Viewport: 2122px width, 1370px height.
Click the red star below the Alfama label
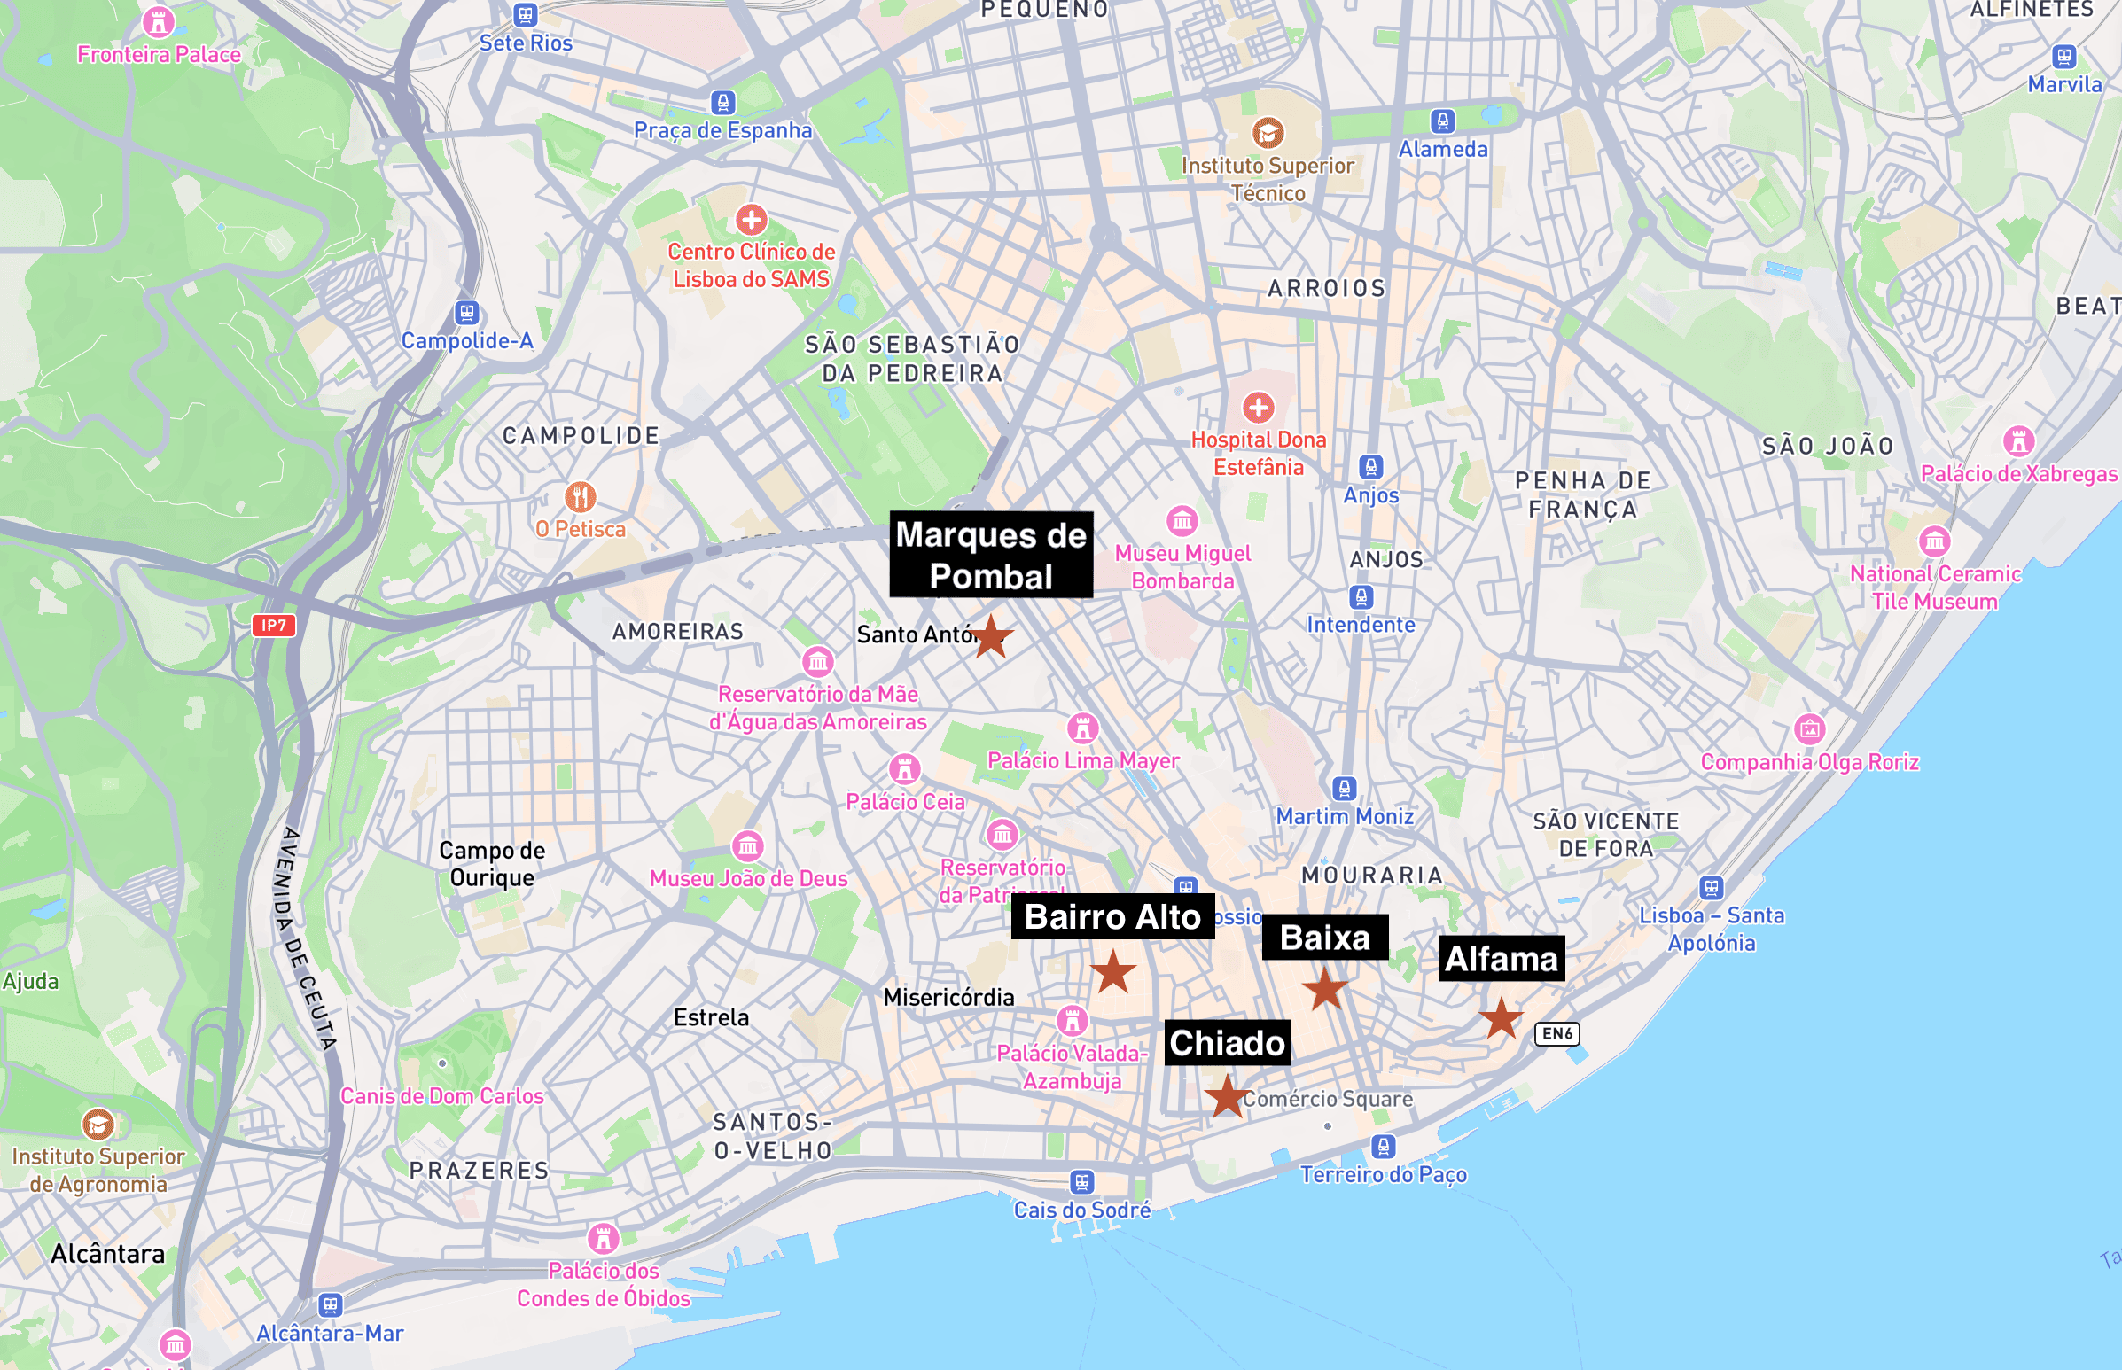pyautogui.click(x=1501, y=1018)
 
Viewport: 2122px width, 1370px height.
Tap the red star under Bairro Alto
pyautogui.click(x=1112, y=971)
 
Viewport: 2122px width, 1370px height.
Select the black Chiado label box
pyautogui.click(x=1227, y=1043)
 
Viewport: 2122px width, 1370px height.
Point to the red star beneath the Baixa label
pyautogui.click(x=1326, y=988)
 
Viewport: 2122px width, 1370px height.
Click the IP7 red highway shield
pyautogui.click(x=273, y=626)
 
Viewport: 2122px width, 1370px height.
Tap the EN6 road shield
pyautogui.click(x=1557, y=1034)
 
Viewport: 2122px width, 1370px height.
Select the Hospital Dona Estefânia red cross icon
pyautogui.click(x=1258, y=408)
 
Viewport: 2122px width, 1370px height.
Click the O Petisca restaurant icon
pyautogui.click(x=580, y=496)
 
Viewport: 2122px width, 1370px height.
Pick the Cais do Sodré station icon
pyautogui.click(x=1082, y=1182)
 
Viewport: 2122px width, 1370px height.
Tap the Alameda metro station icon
pyautogui.click(x=1442, y=121)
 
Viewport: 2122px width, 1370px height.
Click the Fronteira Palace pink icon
pyautogui.click(x=159, y=21)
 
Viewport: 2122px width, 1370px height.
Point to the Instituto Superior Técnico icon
pyautogui.click(x=1268, y=134)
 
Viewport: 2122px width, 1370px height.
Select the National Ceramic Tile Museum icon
pyautogui.click(x=1934, y=541)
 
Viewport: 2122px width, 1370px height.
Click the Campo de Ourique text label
pyautogui.click(x=492, y=864)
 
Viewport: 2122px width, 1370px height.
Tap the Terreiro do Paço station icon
pyautogui.click(x=1383, y=1147)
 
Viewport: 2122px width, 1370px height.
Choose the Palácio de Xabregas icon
pyautogui.click(x=2019, y=441)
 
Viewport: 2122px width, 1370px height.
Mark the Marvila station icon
pyautogui.click(x=2064, y=57)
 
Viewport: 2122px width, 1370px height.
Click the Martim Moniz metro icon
pyautogui.click(x=1345, y=788)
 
